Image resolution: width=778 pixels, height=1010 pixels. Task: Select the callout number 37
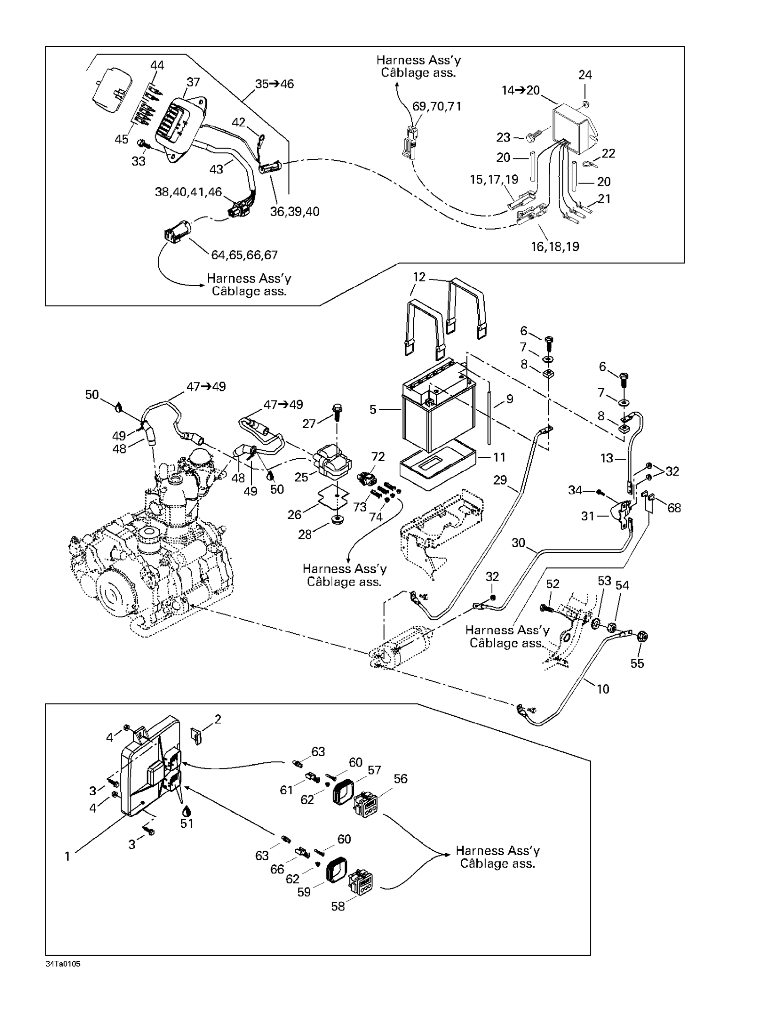click(193, 82)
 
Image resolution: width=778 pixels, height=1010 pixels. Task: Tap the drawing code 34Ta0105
click(63, 964)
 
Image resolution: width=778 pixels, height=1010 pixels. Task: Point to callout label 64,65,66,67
click(244, 255)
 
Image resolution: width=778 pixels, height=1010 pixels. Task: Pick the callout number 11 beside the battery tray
click(499, 457)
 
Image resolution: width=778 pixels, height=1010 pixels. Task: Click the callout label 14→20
click(520, 90)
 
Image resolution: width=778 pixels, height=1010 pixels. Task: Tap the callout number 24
click(585, 75)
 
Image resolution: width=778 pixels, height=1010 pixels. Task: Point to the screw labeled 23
click(532, 137)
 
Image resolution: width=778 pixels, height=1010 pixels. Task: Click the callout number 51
click(187, 824)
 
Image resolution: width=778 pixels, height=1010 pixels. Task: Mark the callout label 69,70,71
click(437, 106)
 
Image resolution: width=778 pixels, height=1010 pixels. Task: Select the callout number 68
click(674, 508)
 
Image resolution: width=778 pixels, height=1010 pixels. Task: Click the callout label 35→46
click(275, 84)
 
